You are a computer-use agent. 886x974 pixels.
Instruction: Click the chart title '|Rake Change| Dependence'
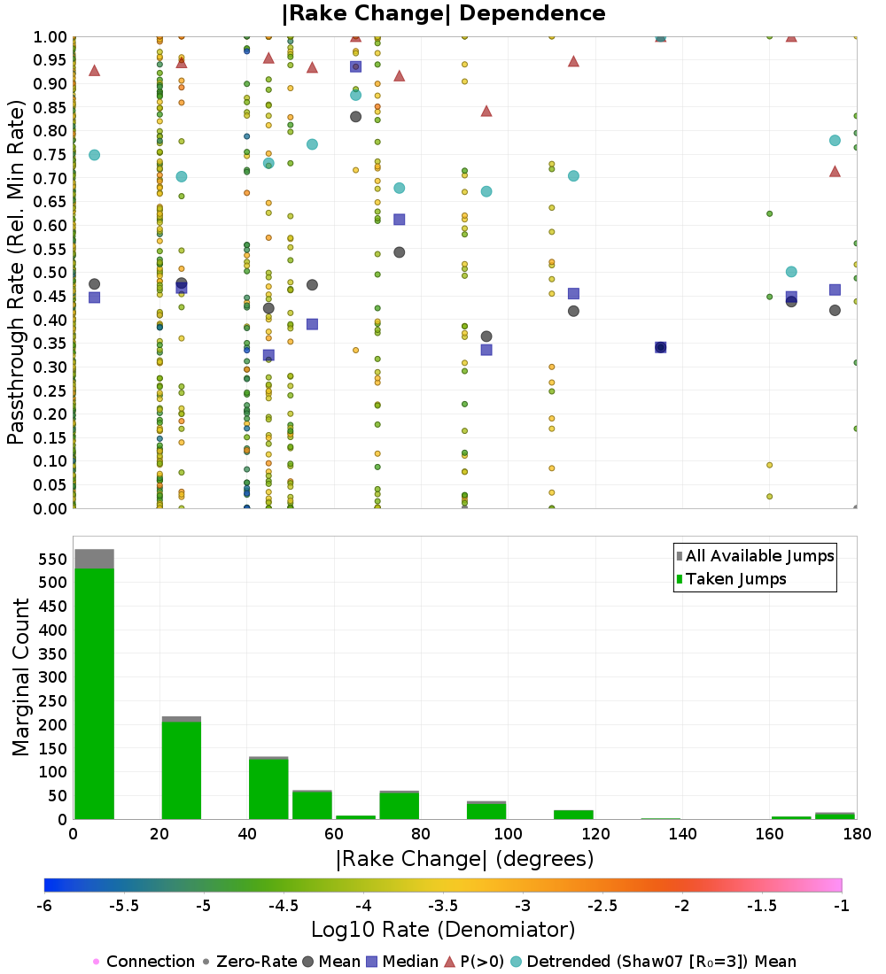pyautogui.click(x=444, y=14)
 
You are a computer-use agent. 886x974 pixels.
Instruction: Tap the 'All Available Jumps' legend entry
pyautogui.click(x=759, y=556)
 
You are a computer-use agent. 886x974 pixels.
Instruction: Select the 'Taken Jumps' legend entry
pyautogui.click(x=735, y=579)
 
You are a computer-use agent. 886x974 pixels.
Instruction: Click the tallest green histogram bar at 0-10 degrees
pyautogui.click(x=94, y=691)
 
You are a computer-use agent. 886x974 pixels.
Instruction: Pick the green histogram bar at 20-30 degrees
pyautogui.click(x=181, y=770)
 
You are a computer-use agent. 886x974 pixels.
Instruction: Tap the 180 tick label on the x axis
pyautogui.click(x=855, y=834)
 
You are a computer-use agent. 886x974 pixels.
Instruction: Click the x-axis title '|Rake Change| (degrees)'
pyautogui.click(x=464, y=859)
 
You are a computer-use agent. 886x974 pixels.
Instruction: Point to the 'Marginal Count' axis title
pyautogui.click(x=21, y=677)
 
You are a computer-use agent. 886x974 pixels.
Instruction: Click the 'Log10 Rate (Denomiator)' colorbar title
pyautogui.click(x=443, y=930)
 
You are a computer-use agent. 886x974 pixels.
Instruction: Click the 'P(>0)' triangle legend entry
pyautogui.click(x=482, y=962)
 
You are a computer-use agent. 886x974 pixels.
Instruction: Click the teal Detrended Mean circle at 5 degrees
pyautogui.click(x=94, y=155)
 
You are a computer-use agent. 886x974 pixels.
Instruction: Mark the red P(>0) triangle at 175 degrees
pyautogui.click(x=835, y=171)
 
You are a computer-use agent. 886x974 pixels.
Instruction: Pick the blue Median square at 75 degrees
pyautogui.click(x=399, y=220)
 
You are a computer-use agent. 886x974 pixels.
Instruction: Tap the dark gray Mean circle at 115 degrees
pyautogui.click(x=573, y=311)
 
